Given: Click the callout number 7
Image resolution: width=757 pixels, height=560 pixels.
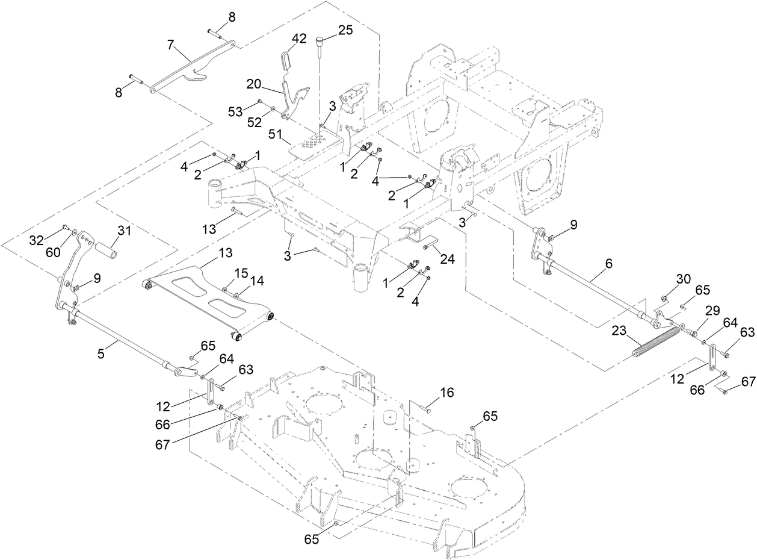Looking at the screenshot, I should coord(170,45).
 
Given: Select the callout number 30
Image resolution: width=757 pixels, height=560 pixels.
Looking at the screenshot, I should coord(683,279).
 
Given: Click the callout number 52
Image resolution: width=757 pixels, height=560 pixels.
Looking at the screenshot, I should coord(255,122).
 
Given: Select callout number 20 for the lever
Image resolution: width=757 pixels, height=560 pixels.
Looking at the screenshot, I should coord(255,83).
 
